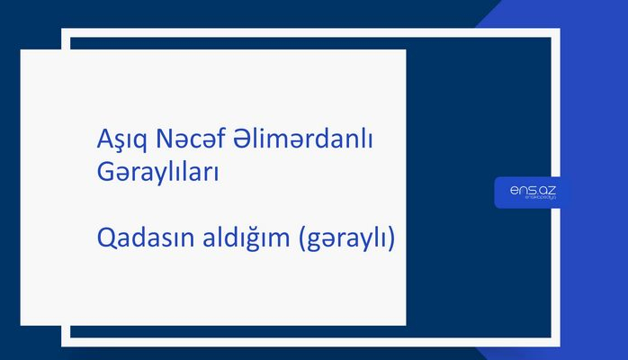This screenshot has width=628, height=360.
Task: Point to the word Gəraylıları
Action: (157, 171)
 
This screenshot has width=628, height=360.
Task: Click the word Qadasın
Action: (139, 240)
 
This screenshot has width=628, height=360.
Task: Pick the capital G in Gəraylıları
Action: (104, 171)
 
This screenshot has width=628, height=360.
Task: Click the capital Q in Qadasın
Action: (105, 240)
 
